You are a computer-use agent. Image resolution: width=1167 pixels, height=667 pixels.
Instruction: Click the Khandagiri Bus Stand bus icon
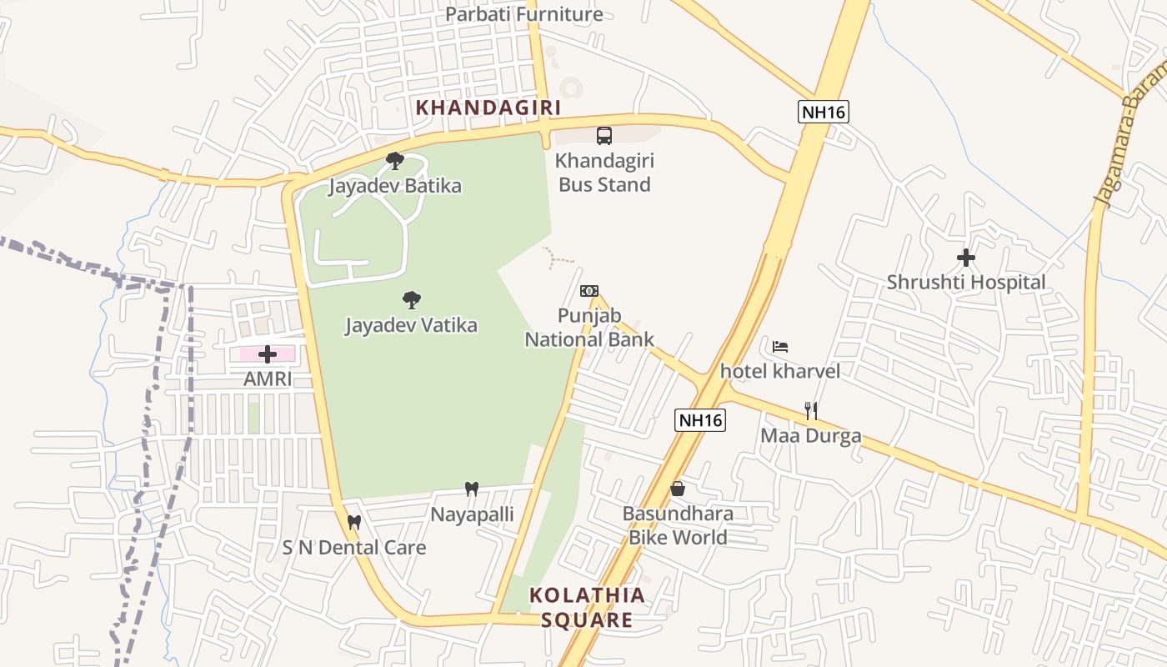604,135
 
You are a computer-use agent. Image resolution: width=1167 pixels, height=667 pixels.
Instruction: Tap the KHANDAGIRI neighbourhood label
488,108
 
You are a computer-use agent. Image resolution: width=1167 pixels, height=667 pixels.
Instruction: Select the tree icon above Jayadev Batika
395,160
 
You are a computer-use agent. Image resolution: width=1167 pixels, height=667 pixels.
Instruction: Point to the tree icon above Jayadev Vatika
411,300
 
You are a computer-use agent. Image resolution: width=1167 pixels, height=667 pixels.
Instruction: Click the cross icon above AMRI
268,354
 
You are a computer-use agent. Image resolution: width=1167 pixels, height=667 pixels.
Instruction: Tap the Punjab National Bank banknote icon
589,291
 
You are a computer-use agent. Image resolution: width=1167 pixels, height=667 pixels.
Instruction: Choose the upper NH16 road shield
823,112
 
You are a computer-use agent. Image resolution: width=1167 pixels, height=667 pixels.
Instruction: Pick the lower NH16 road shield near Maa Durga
700,420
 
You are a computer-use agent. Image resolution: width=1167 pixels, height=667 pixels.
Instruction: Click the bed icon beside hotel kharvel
780,346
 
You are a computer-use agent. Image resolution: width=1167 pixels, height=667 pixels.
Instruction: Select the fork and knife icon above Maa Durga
811,410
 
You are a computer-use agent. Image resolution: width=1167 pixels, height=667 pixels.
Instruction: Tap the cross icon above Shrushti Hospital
966,258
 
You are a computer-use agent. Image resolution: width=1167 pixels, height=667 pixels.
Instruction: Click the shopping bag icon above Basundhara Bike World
678,489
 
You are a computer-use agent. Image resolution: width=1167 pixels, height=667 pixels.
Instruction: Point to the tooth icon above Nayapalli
472,489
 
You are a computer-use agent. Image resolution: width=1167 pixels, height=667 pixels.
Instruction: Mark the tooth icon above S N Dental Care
354,523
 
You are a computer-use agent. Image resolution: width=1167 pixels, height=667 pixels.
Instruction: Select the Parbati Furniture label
523,14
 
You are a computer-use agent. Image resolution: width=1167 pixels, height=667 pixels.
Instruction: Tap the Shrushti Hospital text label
965,283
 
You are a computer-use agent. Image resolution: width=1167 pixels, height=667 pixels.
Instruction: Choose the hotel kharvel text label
780,371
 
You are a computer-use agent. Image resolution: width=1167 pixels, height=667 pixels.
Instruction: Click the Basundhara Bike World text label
678,525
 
